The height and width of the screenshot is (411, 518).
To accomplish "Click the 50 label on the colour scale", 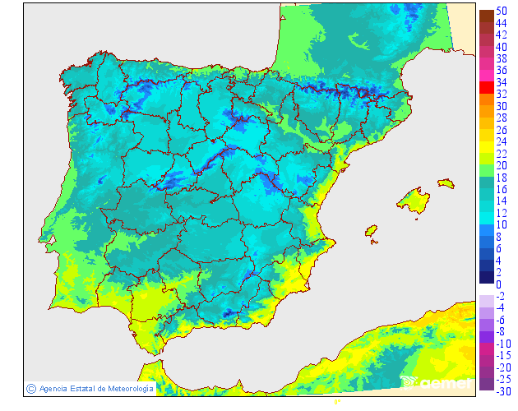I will coord(501,12).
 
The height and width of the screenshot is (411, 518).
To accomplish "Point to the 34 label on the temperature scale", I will coord(501,83).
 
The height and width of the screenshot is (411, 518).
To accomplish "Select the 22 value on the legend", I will coord(501,155).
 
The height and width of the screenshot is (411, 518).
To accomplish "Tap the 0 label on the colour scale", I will coord(498,284).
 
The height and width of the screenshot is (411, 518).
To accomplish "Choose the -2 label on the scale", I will coord(501,296).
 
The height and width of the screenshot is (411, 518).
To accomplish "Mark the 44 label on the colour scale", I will coord(501,24).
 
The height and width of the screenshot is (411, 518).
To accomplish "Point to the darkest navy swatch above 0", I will coord(486,276).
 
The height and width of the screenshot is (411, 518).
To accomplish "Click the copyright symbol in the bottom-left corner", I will coord(30,389).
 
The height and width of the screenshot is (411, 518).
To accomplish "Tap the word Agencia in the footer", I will coord(53,389).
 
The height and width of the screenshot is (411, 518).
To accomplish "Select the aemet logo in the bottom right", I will coord(437,382).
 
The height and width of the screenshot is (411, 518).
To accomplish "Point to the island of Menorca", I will coord(446,183).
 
